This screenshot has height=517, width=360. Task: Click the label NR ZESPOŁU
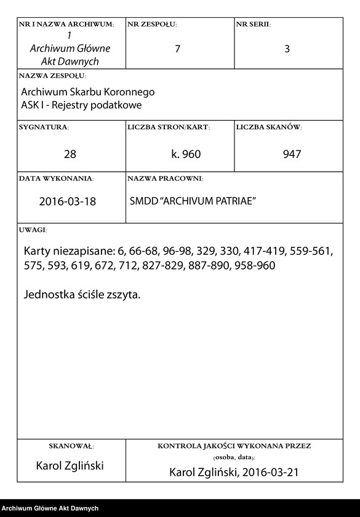click(x=151, y=25)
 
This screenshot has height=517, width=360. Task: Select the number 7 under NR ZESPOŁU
click(x=178, y=49)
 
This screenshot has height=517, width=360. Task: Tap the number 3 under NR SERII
click(x=287, y=49)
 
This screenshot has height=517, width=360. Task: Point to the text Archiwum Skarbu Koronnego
click(x=87, y=92)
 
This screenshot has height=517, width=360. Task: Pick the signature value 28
click(x=70, y=154)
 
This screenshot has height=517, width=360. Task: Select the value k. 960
click(x=186, y=154)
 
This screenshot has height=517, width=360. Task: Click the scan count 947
click(x=292, y=154)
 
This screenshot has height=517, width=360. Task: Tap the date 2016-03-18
click(x=68, y=201)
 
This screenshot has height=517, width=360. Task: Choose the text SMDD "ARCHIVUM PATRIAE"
click(x=193, y=201)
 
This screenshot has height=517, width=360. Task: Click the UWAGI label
click(x=33, y=230)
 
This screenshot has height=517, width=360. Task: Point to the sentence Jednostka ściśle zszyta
click(x=82, y=294)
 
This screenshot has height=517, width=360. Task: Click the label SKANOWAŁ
click(x=71, y=446)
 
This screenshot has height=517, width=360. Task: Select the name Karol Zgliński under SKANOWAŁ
click(x=71, y=466)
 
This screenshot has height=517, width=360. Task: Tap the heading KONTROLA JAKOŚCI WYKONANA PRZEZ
click(x=234, y=446)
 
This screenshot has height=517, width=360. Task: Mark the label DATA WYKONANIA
click(x=56, y=178)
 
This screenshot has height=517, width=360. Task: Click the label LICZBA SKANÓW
click(x=268, y=127)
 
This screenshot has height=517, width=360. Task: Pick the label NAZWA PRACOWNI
click(x=165, y=178)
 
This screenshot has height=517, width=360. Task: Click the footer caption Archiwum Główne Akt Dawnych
click(x=50, y=508)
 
